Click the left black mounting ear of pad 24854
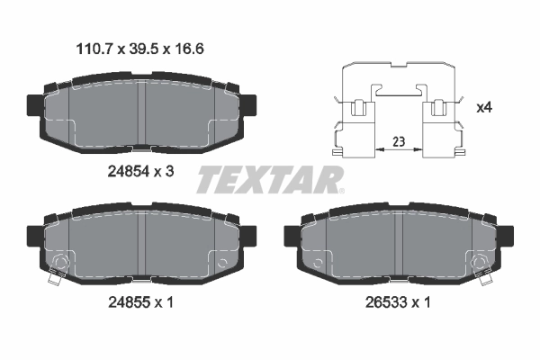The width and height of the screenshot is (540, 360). pyautogui.click(x=32, y=107)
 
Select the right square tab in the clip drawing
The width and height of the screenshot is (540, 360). pyautogui.click(x=440, y=111)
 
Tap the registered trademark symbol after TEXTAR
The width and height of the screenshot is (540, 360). pyautogui.click(x=340, y=191)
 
